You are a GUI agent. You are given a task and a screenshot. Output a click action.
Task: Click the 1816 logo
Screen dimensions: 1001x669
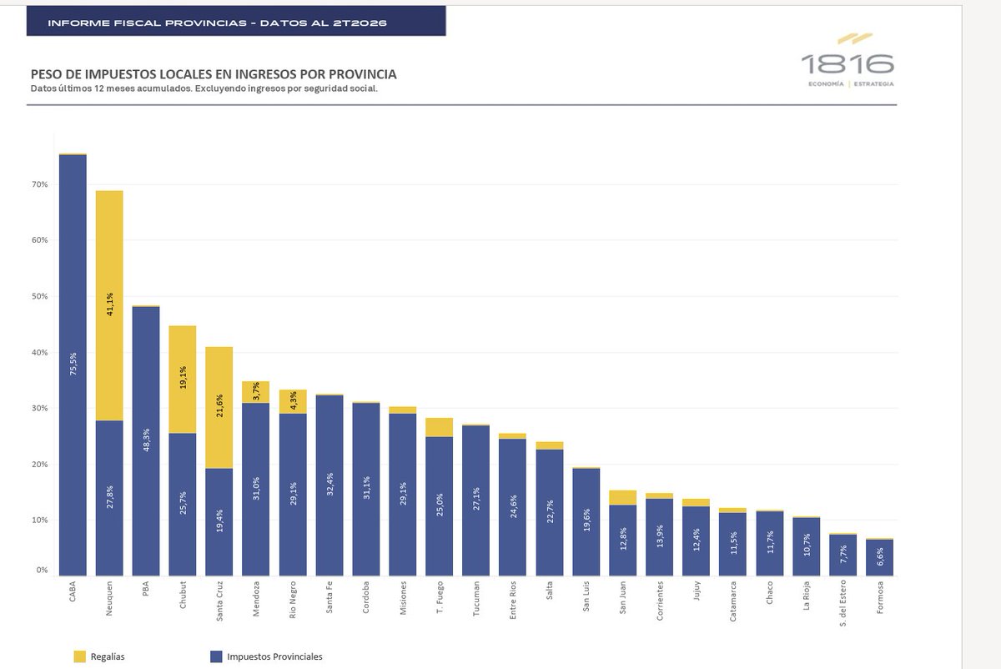tap(848, 60)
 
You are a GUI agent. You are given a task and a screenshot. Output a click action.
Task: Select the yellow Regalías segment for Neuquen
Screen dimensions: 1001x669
tap(109, 305)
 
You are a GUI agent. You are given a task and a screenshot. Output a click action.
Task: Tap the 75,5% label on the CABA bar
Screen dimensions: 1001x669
tap(73, 364)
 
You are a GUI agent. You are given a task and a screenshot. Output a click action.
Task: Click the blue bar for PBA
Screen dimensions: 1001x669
tap(146, 441)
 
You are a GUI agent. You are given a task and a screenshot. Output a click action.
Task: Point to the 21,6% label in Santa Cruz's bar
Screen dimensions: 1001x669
tap(219, 405)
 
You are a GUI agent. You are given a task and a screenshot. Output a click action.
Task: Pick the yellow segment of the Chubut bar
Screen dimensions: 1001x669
tap(183, 380)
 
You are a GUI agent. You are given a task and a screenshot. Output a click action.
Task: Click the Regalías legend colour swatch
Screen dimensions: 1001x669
tap(79, 656)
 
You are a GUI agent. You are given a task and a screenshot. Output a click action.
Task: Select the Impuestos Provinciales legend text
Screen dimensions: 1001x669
tap(274, 656)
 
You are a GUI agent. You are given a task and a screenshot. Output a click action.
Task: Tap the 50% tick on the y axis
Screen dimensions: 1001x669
tap(39, 296)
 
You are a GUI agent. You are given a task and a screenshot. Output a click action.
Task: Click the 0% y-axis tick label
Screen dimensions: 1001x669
tap(42, 570)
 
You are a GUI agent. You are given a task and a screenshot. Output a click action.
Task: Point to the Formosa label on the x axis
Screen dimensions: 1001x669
tap(880, 597)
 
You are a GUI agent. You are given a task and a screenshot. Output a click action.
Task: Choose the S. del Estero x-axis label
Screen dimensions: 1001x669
tap(843, 603)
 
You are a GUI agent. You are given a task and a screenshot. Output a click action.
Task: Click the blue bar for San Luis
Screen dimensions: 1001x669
tap(586, 522)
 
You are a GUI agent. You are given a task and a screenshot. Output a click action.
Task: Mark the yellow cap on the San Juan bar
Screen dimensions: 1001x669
tap(622, 498)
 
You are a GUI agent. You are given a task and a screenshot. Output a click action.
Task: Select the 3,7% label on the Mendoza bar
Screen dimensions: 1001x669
tap(255, 391)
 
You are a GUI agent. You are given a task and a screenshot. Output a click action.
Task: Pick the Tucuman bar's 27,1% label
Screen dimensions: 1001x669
tap(476, 499)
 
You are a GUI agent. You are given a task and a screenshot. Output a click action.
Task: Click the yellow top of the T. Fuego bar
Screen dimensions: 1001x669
tap(439, 427)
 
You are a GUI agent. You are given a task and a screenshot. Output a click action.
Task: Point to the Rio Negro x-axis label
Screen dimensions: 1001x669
tap(292, 600)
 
